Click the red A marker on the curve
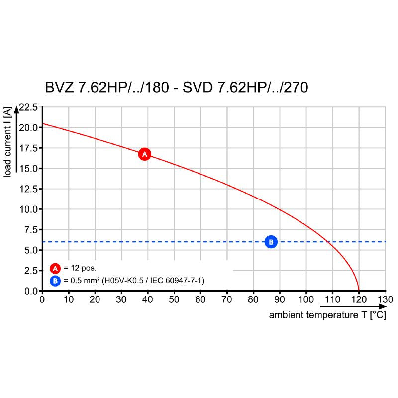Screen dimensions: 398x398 click(x=144, y=154)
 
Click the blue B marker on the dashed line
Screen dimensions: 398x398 click(x=271, y=242)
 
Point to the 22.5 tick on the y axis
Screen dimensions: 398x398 click(x=28, y=107)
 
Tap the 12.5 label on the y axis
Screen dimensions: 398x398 click(x=28, y=189)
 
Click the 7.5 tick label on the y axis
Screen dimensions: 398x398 click(x=31, y=230)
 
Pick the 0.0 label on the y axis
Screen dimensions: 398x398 click(x=31, y=291)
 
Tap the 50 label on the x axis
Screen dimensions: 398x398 click(x=174, y=299)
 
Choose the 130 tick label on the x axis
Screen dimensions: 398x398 click(x=386, y=299)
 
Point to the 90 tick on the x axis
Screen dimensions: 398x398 click(x=280, y=299)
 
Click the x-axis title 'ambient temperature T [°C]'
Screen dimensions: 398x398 click(x=327, y=315)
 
